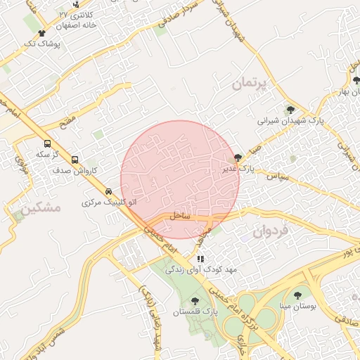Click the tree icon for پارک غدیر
(238, 158)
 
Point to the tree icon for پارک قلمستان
(194, 300)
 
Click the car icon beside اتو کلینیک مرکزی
(108, 191)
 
